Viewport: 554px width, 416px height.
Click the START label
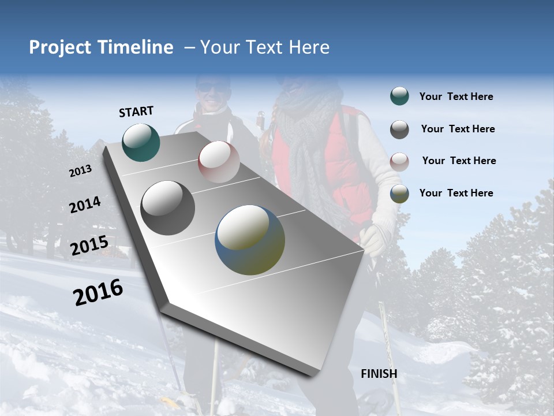tap(136, 112)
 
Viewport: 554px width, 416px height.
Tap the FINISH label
tap(379, 374)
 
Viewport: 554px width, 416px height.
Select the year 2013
tap(80, 171)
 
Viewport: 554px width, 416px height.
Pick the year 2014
tap(85, 205)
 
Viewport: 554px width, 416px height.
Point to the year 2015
tap(89, 246)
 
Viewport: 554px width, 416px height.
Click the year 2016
tap(98, 292)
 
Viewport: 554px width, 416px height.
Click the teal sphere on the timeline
tap(141, 142)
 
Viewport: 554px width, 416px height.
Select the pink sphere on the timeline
tap(219, 162)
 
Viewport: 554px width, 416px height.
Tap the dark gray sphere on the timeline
tap(168, 208)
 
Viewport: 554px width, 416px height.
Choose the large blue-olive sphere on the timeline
tap(250, 240)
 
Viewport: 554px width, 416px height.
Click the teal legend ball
tap(399, 96)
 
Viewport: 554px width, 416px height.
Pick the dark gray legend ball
tap(399, 129)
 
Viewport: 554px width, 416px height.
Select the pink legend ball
tap(399, 161)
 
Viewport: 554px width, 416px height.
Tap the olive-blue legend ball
tap(399, 194)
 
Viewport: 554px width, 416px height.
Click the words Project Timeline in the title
tap(101, 47)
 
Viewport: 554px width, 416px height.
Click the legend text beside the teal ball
tap(456, 97)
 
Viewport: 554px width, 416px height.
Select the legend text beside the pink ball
tap(459, 161)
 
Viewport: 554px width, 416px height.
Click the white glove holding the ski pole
tap(374, 239)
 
